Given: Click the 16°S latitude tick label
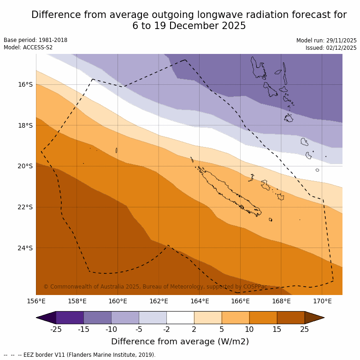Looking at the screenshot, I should [25, 84].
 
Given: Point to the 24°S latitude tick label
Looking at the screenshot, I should [25, 248].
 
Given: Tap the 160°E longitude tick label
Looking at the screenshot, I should [118, 301].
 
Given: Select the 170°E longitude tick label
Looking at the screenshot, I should [322, 301].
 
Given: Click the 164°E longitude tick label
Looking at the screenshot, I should [200, 301].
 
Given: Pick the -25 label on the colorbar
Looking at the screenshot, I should [56, 329].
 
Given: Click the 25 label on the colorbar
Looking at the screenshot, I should [305, 329].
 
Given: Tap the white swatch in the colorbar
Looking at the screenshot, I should [180, 318].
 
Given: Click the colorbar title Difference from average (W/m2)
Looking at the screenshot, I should [180, 342].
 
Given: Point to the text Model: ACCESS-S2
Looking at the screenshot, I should [28, 47].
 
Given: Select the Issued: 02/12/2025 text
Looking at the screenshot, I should [331, 48].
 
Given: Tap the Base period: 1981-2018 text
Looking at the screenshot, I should [35, 40].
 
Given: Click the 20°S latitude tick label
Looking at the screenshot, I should [25, 166].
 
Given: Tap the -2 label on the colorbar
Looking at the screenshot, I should [166, 329].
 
